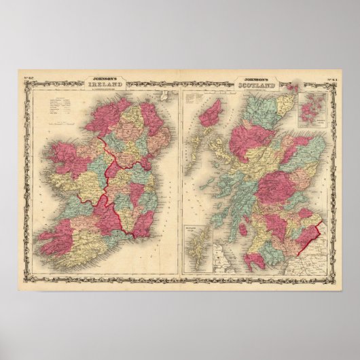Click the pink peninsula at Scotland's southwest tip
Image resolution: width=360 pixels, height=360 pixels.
[x=256, y=260]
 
